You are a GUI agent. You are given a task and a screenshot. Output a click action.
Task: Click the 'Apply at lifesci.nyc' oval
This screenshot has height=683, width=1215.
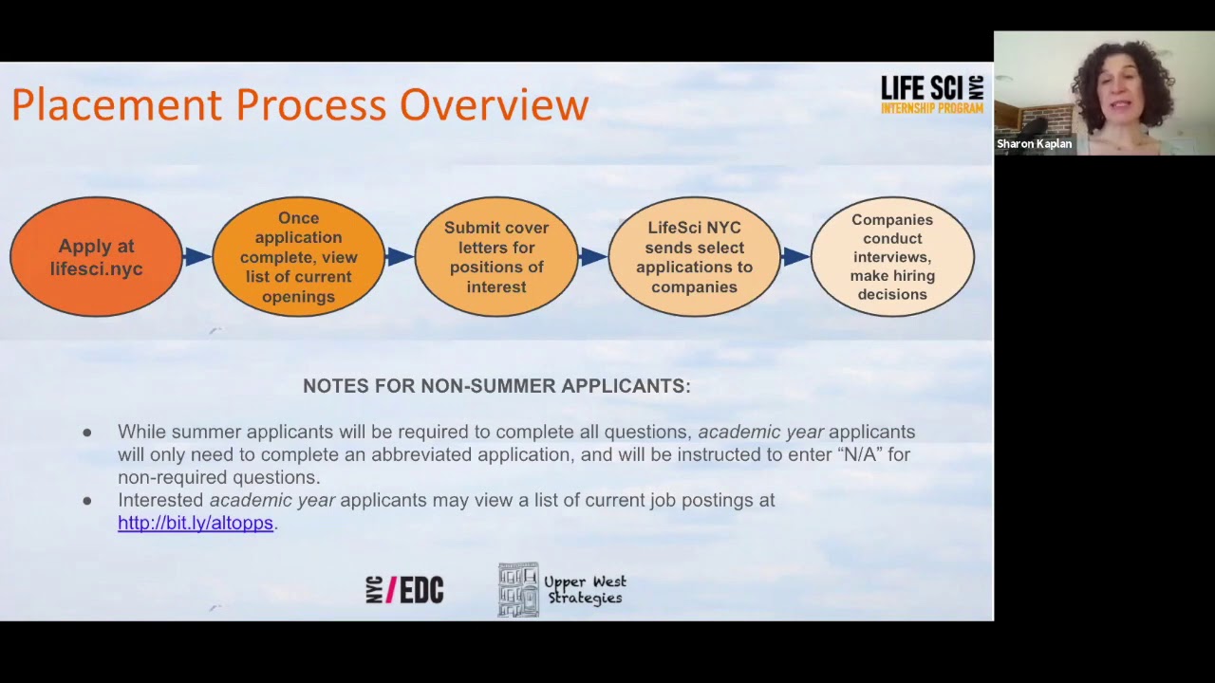pyautogui.click(x=96, y=257)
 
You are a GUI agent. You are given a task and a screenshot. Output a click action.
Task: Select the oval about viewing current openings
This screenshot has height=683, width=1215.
pyautogui.click(x=298, y=257)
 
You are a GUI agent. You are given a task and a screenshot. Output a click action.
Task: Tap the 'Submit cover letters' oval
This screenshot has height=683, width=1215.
pyautogui.click(x=496, y=257)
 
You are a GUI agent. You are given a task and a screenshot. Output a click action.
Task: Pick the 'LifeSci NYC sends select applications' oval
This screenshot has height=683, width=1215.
pyautogui.click(x=694, y=257)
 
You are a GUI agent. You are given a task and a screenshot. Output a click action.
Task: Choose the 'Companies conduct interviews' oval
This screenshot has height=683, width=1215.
pyautogui.click(x=892, y=257)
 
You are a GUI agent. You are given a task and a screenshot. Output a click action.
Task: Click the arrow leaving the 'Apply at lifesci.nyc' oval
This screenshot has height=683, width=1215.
pyautogui.click(x=197, y=256)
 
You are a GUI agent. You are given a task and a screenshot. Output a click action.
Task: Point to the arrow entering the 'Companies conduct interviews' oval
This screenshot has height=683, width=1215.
pyautogui.click(x=795, y=256)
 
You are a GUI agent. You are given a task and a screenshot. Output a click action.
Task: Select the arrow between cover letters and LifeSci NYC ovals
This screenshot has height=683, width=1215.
pyautogui.click(x=593, y=256)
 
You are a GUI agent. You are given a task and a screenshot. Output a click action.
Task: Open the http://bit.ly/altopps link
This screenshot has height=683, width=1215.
pyautogui.click(x=196, y=523)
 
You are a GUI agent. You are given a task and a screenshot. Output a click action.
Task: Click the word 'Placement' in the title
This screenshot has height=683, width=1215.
pyautogui.click(x=117, y=104)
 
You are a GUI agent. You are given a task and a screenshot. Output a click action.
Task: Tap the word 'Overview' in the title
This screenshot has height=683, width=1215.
pyautogui.click(x=494, y=104)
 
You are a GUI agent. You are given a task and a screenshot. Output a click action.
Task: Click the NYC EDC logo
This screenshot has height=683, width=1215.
pyautogui.click(x=404, y=590)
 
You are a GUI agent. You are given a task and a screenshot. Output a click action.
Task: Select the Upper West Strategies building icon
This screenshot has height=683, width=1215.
pyautogui.click(x=518, y=590)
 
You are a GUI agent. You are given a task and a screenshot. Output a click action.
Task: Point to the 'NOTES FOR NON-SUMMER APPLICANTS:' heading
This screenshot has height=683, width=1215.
pyautogui.click(x=496, y=386)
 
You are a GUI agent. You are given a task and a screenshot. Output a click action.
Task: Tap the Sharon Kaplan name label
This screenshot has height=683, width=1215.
pyautogui.click(x=1034, y=144)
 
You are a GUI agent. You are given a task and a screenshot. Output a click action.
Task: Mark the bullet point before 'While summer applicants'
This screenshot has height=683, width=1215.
pyautogui.click(x=87, y=433)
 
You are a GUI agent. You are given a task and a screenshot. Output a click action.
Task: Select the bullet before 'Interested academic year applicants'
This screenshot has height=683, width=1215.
pyautogui.click(x=87, y=501)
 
